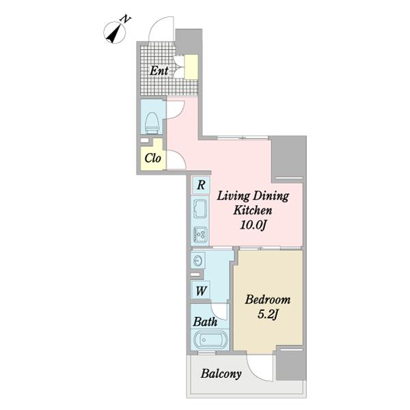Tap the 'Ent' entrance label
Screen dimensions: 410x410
(159, 70)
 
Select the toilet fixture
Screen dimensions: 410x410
(152, 123)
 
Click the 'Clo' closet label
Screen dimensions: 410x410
(152, 158)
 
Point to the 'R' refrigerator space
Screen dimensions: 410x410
(201, 185)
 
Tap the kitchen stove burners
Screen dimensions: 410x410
(200, 234)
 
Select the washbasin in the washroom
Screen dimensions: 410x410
(197, 261)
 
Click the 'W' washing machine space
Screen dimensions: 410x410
(201, 290)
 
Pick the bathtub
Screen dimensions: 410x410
(210, 340)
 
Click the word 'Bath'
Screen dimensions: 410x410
(205, 322)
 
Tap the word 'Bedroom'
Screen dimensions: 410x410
(267, 300)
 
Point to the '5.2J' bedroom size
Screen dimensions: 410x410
(267, 314)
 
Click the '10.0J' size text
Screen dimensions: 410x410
(253, 225)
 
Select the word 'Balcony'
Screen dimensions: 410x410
(221, 374)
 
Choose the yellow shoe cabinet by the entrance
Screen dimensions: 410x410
(191, 67)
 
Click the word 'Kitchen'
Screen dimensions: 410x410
(253, 210)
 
